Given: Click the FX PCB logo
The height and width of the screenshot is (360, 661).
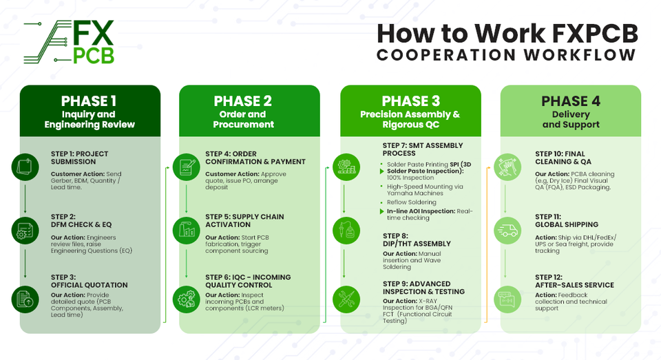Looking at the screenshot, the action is pyautogui.click(x=69, y=42).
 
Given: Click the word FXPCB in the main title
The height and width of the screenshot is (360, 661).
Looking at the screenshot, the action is pyautogui.click(x=594, y=33).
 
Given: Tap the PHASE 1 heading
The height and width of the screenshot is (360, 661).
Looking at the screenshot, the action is pyautogui.click(x=89, y=101).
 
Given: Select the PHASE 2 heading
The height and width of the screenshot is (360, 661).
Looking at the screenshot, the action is pyautogui.click(x=243, y=101).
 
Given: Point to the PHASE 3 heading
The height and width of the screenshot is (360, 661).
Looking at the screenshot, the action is pyautogui.click(x=410, y=101).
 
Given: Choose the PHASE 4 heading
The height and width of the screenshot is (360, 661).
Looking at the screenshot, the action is pyautogui.click(x=571, y=101).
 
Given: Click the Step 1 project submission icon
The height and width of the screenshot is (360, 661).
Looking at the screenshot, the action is pyautogui.click(x=25, y=167).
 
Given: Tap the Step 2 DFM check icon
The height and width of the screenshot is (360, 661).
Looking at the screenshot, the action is pyautogui.click(x=25, y=231).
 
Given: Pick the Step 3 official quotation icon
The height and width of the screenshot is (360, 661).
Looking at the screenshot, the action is pyautogui.click(x=25, y=299).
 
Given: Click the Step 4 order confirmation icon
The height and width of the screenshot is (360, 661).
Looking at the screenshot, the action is pyautogui.click(x=187, y=167).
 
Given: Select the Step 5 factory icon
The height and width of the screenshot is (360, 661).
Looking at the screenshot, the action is pyautogui.click(x=187, y=231).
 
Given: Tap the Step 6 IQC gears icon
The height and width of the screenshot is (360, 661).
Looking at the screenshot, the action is pyautogui.click(x=187, y=299).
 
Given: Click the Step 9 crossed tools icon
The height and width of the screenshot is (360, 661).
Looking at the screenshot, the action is pyautogui.click(x=346, y=299).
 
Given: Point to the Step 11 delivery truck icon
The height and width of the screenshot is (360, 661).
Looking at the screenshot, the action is pyautogui.click(x=507, y=231).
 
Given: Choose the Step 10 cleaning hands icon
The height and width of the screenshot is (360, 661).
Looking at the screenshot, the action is pyautogui.click(x=507, y=167).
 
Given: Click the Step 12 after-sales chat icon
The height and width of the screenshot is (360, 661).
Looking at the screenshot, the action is pyautogui.click(x=507, y=299).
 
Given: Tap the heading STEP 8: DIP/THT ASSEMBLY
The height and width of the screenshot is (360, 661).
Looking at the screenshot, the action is pyautogui.click(x=417, y=240).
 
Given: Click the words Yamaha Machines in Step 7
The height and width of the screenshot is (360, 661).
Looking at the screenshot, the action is pyautogui.click(x=415, y=193).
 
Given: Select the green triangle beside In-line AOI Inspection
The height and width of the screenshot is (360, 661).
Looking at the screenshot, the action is pyautogui.click(x=382, y=211).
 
